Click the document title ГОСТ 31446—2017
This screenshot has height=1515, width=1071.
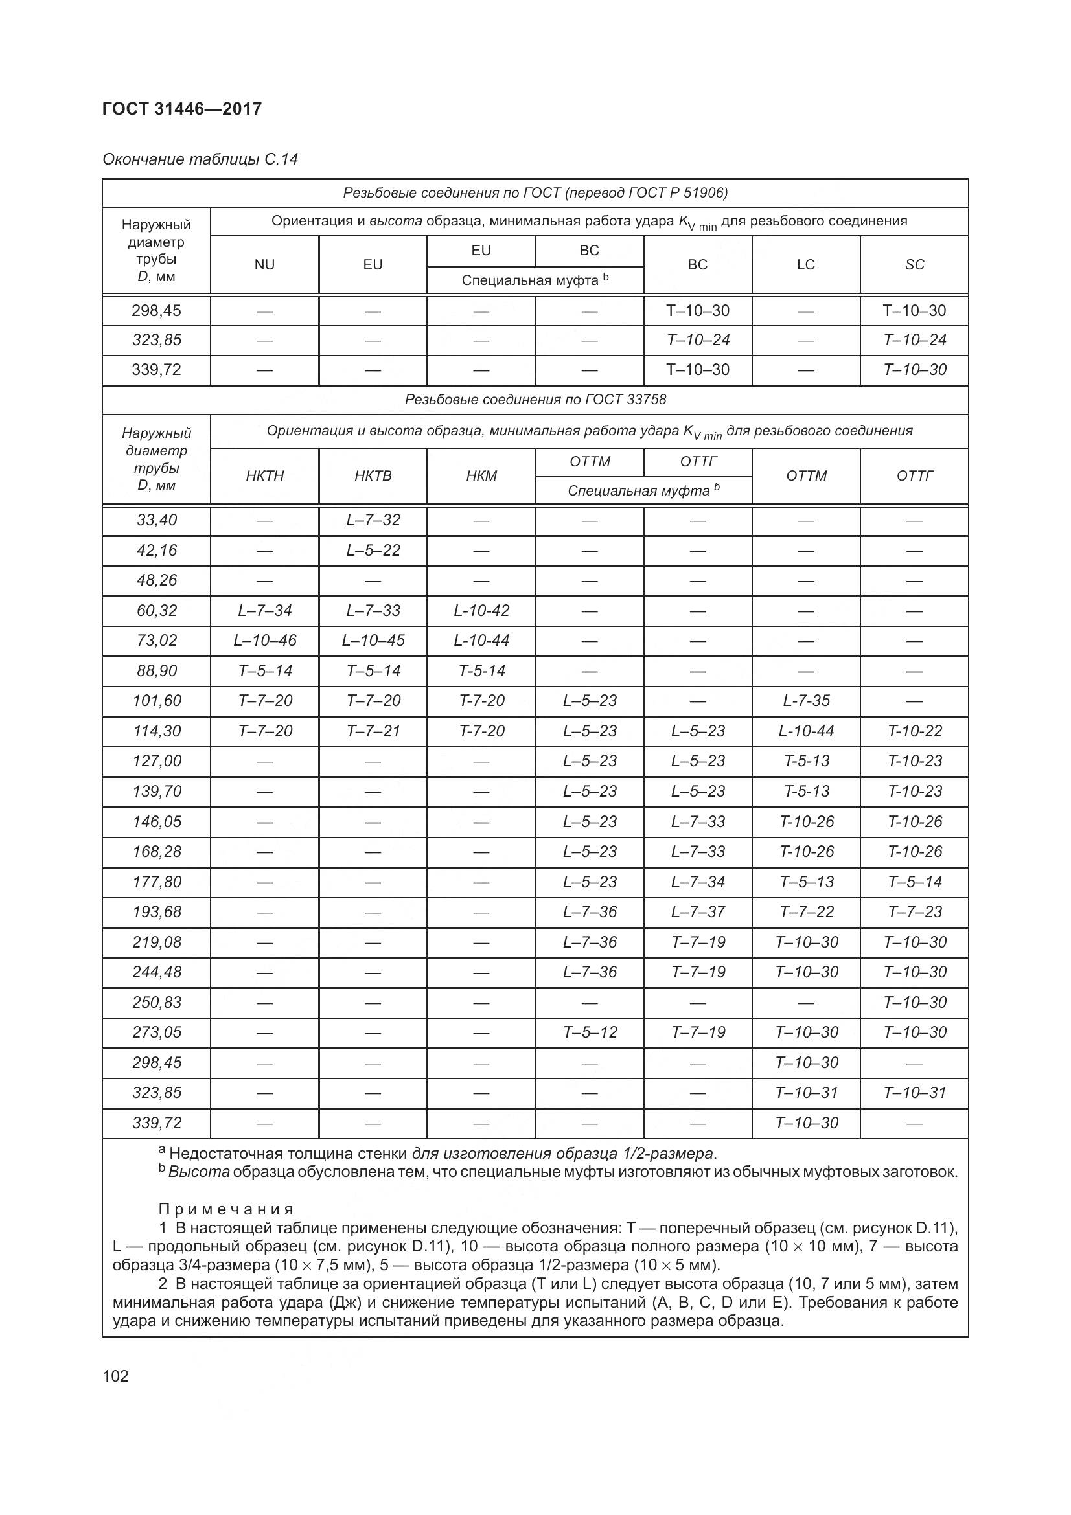[x=182, y=109]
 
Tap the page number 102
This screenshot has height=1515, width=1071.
[x=115, y=1376]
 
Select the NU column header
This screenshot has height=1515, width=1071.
[x=264, y=265]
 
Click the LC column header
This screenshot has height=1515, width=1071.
[x=805, y=265]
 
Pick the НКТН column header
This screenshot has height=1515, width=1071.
[x=264, y=476]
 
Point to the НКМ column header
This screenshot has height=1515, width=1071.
[x=481, y=476]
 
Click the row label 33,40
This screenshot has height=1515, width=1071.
[x=156, y=520]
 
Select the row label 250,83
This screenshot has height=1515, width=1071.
[x=156, y=1002]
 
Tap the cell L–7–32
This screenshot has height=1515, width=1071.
[x=373, y=520]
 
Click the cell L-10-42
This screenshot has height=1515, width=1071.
[x=481, y=610]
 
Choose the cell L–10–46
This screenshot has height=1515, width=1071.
[x=264, y=640]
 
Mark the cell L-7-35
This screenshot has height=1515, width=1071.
[x=806, y=701]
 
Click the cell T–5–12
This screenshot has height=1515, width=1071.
[x=590, y=1032]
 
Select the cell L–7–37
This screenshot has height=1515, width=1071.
[x=698, y=912]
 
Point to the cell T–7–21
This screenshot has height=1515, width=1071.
[x=373, y=731]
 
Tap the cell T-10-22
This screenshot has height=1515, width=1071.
[x=914, y=731]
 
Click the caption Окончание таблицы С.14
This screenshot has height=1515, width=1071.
[x=200, y=159]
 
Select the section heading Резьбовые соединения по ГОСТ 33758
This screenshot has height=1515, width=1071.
[x=535, y=399]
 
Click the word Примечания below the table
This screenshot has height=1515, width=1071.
[x=225, y=1209]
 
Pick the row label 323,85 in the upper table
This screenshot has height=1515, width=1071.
[x=156, y=340]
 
